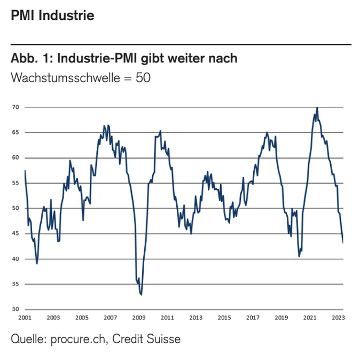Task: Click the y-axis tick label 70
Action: (x=15, y=107)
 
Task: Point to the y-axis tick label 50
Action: (x=15, y=208)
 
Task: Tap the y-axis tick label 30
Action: (x=15, y=309)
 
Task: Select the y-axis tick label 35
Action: (x=15, y=284)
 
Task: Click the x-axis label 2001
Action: (x=25, y=318)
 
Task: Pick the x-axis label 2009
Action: (x=139, y=318)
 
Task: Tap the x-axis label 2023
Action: (x=338, y=318)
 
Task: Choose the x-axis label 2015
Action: (x=224, y=318)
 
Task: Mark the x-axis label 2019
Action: (x=281, y=318)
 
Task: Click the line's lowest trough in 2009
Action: (x=142, y=295)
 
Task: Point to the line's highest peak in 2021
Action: (x=317, y=107)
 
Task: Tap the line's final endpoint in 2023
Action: (x=343, y=242)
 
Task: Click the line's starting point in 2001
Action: (x=25, y=170)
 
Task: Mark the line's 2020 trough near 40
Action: (x=299, y=257)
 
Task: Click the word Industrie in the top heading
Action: (x=66, y=15)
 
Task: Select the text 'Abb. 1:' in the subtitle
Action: (x=32, y=58)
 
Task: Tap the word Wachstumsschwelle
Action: (x=65, y=77)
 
